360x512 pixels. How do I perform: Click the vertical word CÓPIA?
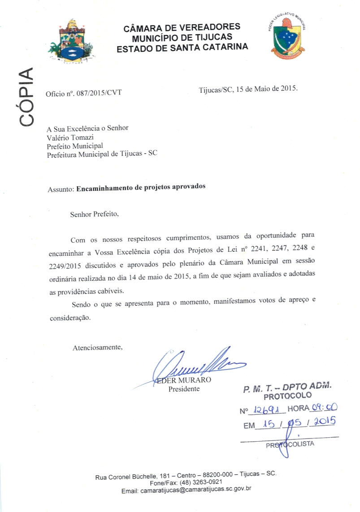point(26,97)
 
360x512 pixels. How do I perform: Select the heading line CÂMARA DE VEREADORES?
point(182,28)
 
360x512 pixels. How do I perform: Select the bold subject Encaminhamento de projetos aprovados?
point(141,187)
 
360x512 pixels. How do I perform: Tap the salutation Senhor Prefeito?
point(95,214)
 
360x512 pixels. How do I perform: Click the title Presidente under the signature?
point(184,389)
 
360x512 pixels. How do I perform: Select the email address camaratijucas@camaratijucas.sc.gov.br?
point(199,490)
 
